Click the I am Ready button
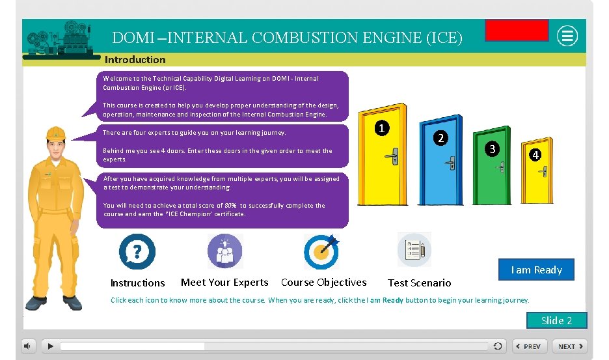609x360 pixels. click(536, 270)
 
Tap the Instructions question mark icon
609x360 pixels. click(137, 251)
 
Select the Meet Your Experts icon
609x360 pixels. click(224, 251)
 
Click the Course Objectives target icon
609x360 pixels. click(322, 251)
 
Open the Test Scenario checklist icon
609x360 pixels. click(414, 250)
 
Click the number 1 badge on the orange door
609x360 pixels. click(384, 129)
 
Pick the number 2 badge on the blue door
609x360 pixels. click(440, 138)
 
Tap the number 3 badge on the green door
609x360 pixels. click(493, 148)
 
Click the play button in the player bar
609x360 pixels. click(49, 346)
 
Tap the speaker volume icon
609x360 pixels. click(29, 346)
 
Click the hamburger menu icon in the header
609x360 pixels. click(568, 36)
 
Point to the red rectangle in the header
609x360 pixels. click(517, 30)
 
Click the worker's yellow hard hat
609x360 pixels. click(56, 133)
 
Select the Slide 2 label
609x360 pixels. click(556, 320)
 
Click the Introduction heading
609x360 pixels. click(135, 59)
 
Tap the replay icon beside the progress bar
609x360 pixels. click(498, 346)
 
